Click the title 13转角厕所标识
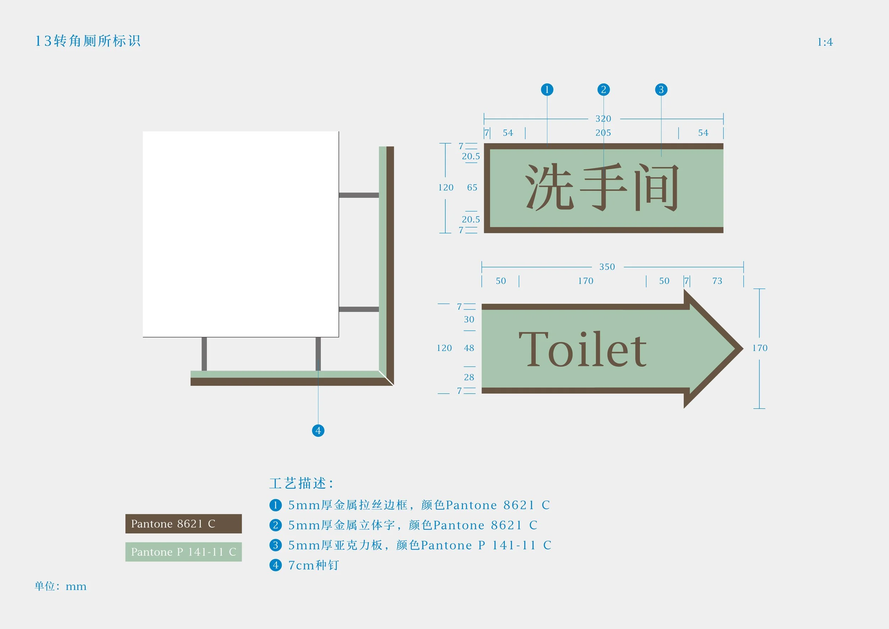click(x=88, y=41)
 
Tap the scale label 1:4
click(x=825, y=42)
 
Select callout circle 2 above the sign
click(x=603, y=89)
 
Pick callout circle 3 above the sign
click(x=661, y=89)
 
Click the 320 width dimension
click(x=603, y=119)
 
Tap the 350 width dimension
click(x=607, y=267)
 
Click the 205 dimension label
click(x=603, y=133)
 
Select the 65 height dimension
click(x=472, y=188)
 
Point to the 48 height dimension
click(x=469, y=348)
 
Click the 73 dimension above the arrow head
click(x=717, y=281)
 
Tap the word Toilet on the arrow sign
click(x=582, y=349)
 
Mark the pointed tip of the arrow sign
click(x=741, y=348)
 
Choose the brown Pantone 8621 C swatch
click(x=183, y=524)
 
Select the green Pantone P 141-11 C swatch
click(x=183, y=551)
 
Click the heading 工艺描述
click(x=301, y=483)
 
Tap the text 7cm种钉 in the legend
click(x=314, y=565)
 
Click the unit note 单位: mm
click(x=61, y=586)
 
